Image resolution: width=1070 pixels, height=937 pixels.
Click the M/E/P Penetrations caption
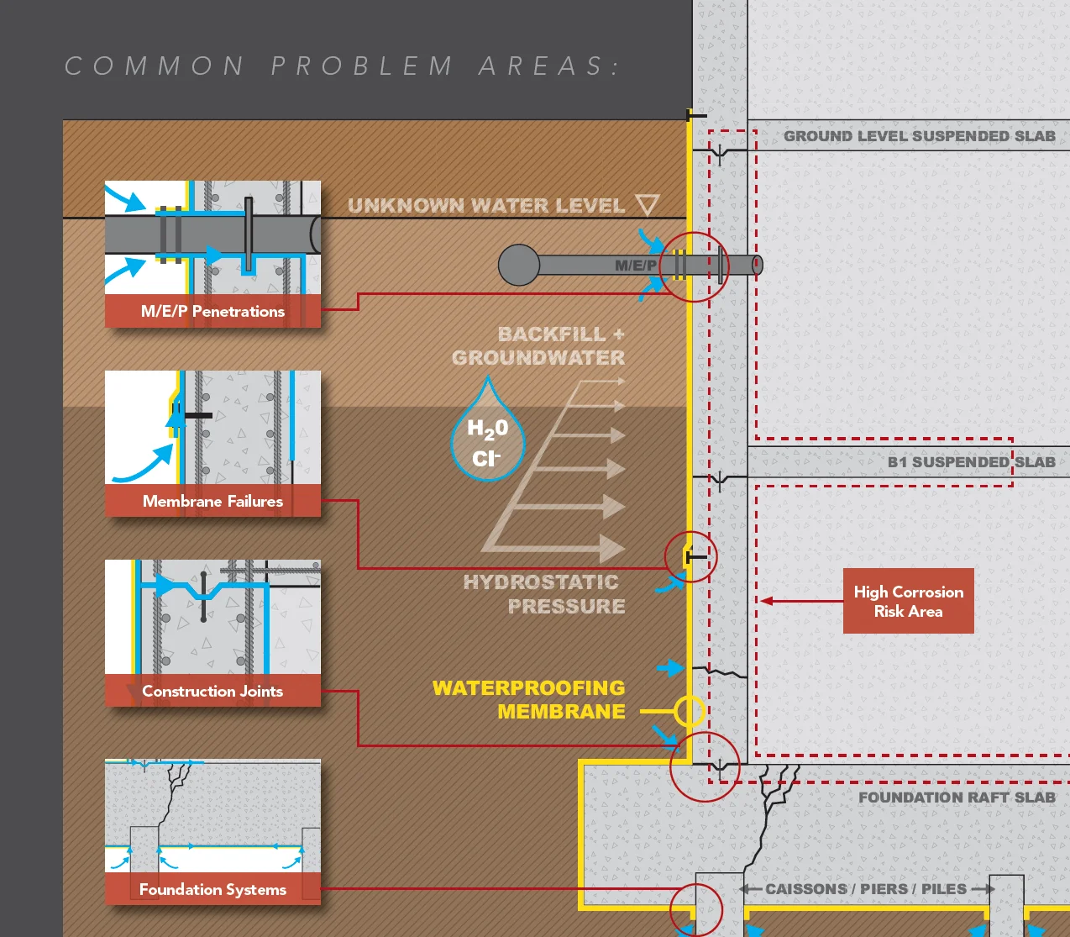tap(212, 311)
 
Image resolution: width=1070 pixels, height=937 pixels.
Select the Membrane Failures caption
tap(212, 501)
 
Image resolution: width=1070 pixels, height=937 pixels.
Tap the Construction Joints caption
tap(212, 691)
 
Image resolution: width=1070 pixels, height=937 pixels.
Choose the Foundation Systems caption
tap(212, 889)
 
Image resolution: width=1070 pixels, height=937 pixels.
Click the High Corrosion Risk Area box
tap(909, 601)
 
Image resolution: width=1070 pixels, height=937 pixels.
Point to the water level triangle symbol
tap(648, 204)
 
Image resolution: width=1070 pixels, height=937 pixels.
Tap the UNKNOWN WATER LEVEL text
tap(486, 206)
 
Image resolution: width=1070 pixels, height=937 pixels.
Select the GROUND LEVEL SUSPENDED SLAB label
tap(920, 136)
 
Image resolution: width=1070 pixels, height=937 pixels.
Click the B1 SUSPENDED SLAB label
tap(972, 462)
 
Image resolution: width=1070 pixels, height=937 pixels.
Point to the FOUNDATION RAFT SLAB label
tap(957, 798)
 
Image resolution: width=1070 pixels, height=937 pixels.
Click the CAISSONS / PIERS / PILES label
tap(866, 889)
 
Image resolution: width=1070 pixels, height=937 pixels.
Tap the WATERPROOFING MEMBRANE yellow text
tap(529, 699)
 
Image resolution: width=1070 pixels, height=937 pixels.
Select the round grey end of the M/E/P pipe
tap(519, 266)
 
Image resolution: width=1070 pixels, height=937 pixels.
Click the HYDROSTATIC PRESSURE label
tap(544, 594)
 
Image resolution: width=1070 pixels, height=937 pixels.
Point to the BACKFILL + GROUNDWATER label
tap(538, 346)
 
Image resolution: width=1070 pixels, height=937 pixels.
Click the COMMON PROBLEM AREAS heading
tap(343, 66)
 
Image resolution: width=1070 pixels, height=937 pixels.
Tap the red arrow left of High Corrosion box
tap(801, 601)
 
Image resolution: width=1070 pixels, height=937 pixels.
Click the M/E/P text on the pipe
tap(636, 266)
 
